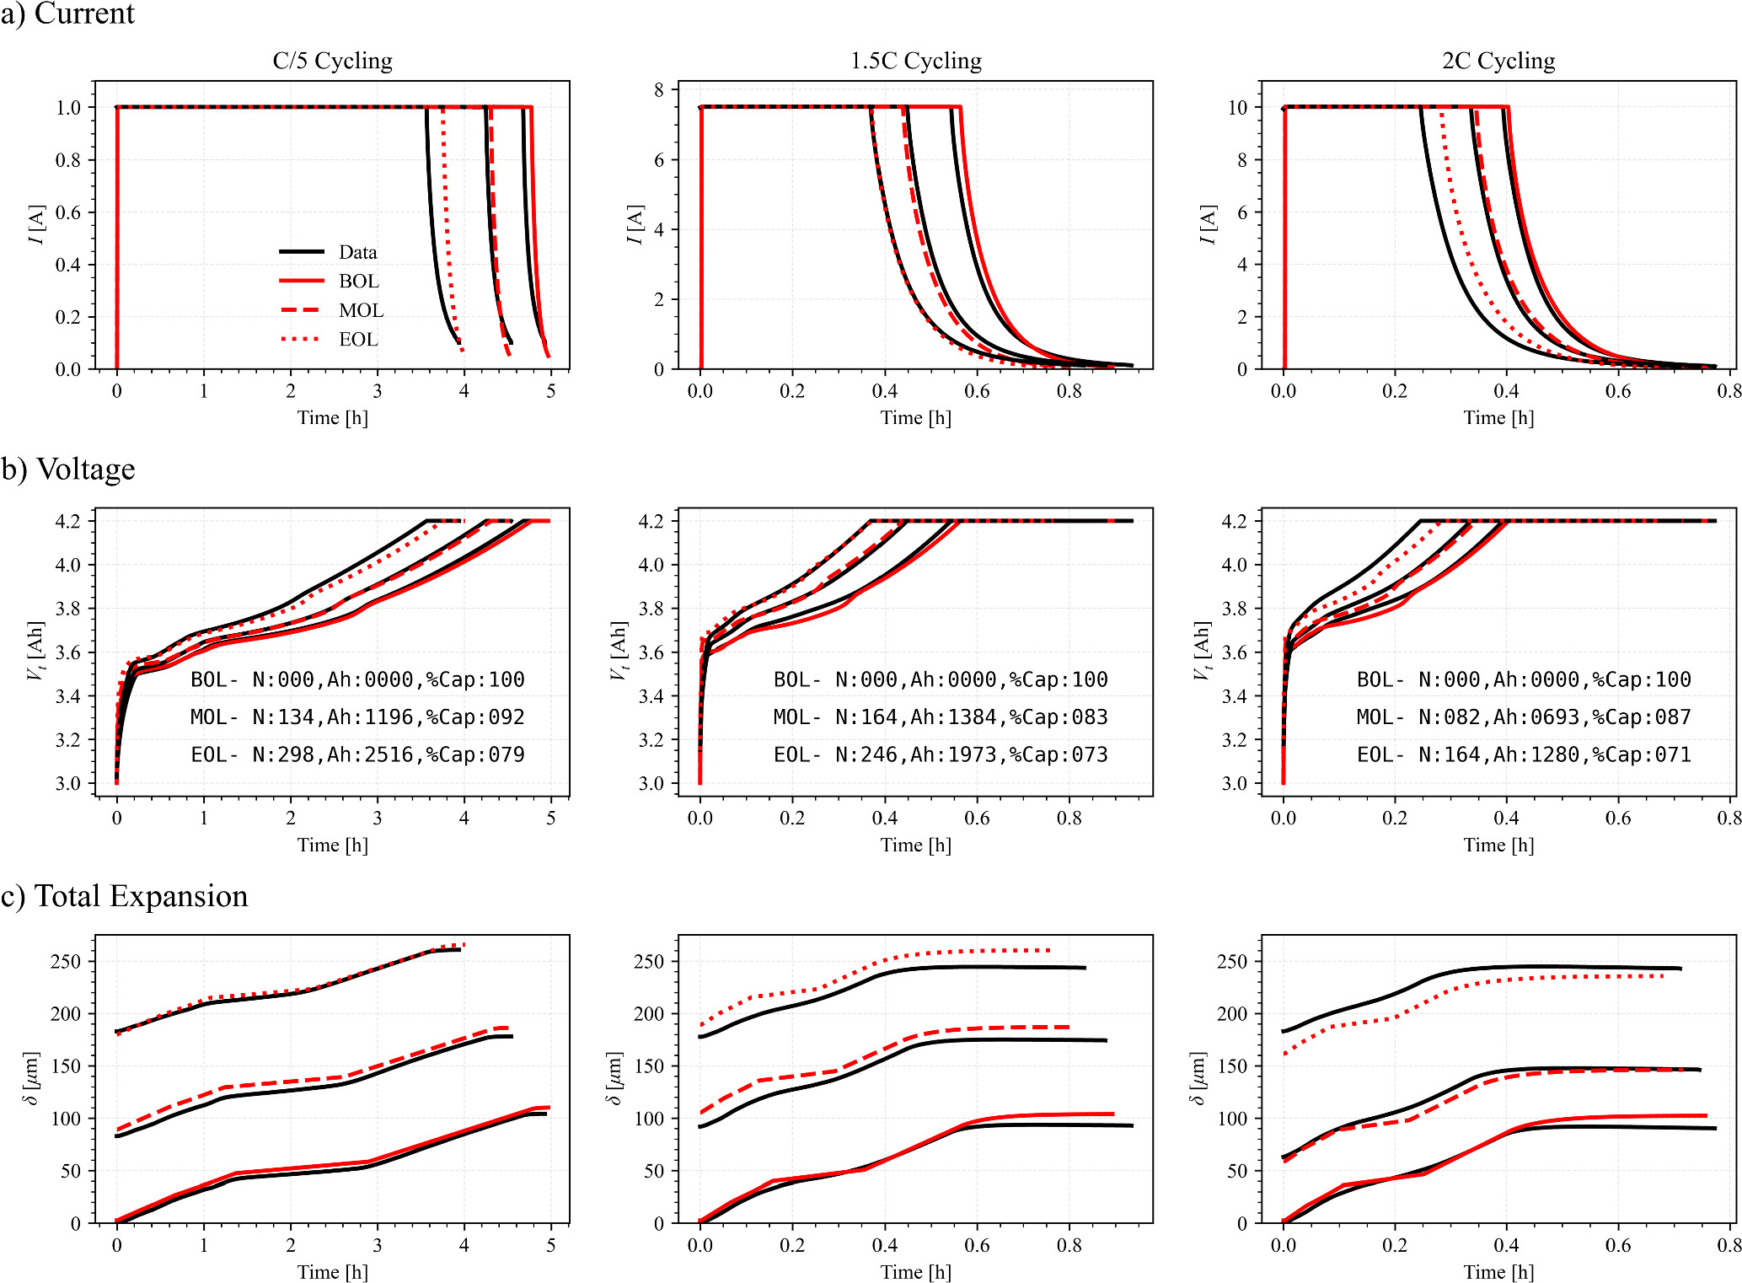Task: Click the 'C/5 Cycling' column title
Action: tap(332, 61)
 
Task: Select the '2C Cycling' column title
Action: tap(1498, 61)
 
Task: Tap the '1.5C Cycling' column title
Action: tap(915, 61)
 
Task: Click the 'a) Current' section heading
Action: tap(67, 14)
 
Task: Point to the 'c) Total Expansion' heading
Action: tap(125, 896)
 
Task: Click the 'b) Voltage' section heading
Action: tap(68, 469)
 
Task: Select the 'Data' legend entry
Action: tap(357, 252)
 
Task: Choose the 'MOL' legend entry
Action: tap(361, 310)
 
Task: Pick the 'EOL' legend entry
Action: tap(358, 339)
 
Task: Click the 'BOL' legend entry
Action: tap(358, 281)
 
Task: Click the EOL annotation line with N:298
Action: tap(357, 754)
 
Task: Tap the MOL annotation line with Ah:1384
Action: tap(941, 717)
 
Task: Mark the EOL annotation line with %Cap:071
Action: tap(1524, 754)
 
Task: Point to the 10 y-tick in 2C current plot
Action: tap(1237, 107)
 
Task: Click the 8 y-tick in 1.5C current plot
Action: tap(659, 90)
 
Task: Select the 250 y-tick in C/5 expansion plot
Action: tap(66, 961)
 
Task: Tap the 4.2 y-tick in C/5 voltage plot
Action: tap(68, 521)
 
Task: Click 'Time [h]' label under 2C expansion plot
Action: tap(1498, 1271)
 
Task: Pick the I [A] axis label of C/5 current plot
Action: tap(35, 224)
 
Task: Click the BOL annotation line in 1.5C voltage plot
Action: tap(941, 679)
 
